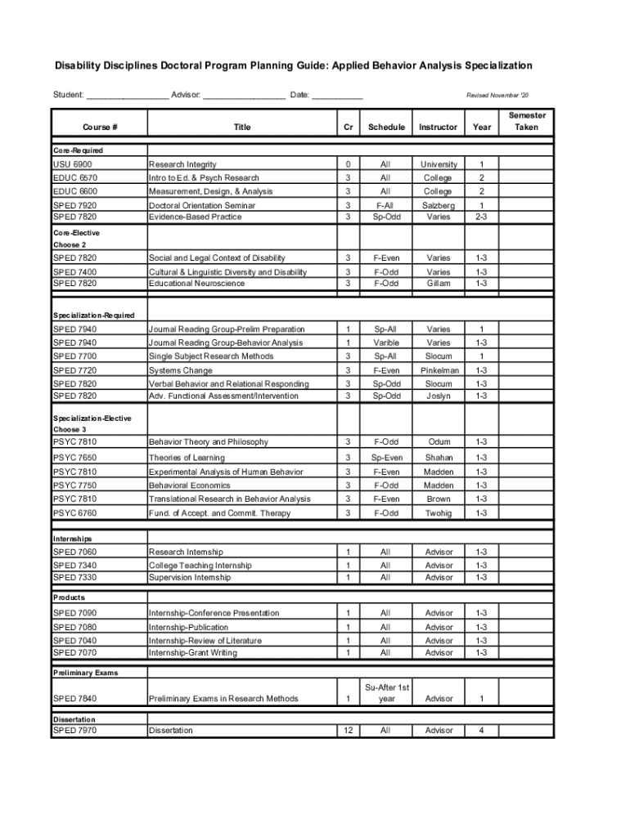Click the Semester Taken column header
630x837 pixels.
[527, 121]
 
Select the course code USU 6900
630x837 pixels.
[73, 164]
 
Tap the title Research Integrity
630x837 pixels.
[182, 164]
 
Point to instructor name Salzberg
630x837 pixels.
[438, 205]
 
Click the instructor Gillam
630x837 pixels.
[438, 283]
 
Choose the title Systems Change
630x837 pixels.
[180, 370]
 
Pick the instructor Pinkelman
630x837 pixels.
[439, 370]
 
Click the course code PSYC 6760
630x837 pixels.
[74, 512]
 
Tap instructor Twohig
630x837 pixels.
[438, 512]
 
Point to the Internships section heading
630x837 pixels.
[73, 539]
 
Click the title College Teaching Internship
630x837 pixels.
[200, 565]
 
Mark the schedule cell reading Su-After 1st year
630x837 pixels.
[386, 692]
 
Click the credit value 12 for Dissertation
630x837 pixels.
[348, 730]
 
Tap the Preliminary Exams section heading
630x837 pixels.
[86, 673]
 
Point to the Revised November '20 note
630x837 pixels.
[497, 96]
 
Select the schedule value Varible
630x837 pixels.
[386, 342]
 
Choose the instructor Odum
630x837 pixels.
[439, 441]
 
